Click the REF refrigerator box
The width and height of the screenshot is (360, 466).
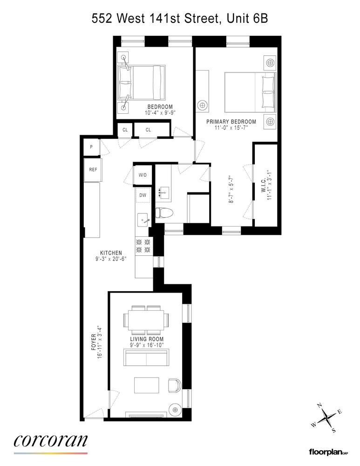(x=93, y=169)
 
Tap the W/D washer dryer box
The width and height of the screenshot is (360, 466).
(x=143, y=175)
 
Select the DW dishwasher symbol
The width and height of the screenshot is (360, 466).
(x=143, y=196)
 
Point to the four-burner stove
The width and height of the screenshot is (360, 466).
(x=143, y=246)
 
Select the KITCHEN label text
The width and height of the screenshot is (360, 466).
(x=110, y=253)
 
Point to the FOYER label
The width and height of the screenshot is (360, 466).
(x=94, y=342)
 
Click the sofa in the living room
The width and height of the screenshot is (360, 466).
(x=146, y=359)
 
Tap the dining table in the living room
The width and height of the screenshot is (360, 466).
(x=146, y=321)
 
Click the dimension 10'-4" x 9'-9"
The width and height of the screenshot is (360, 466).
(x=160, y=112)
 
